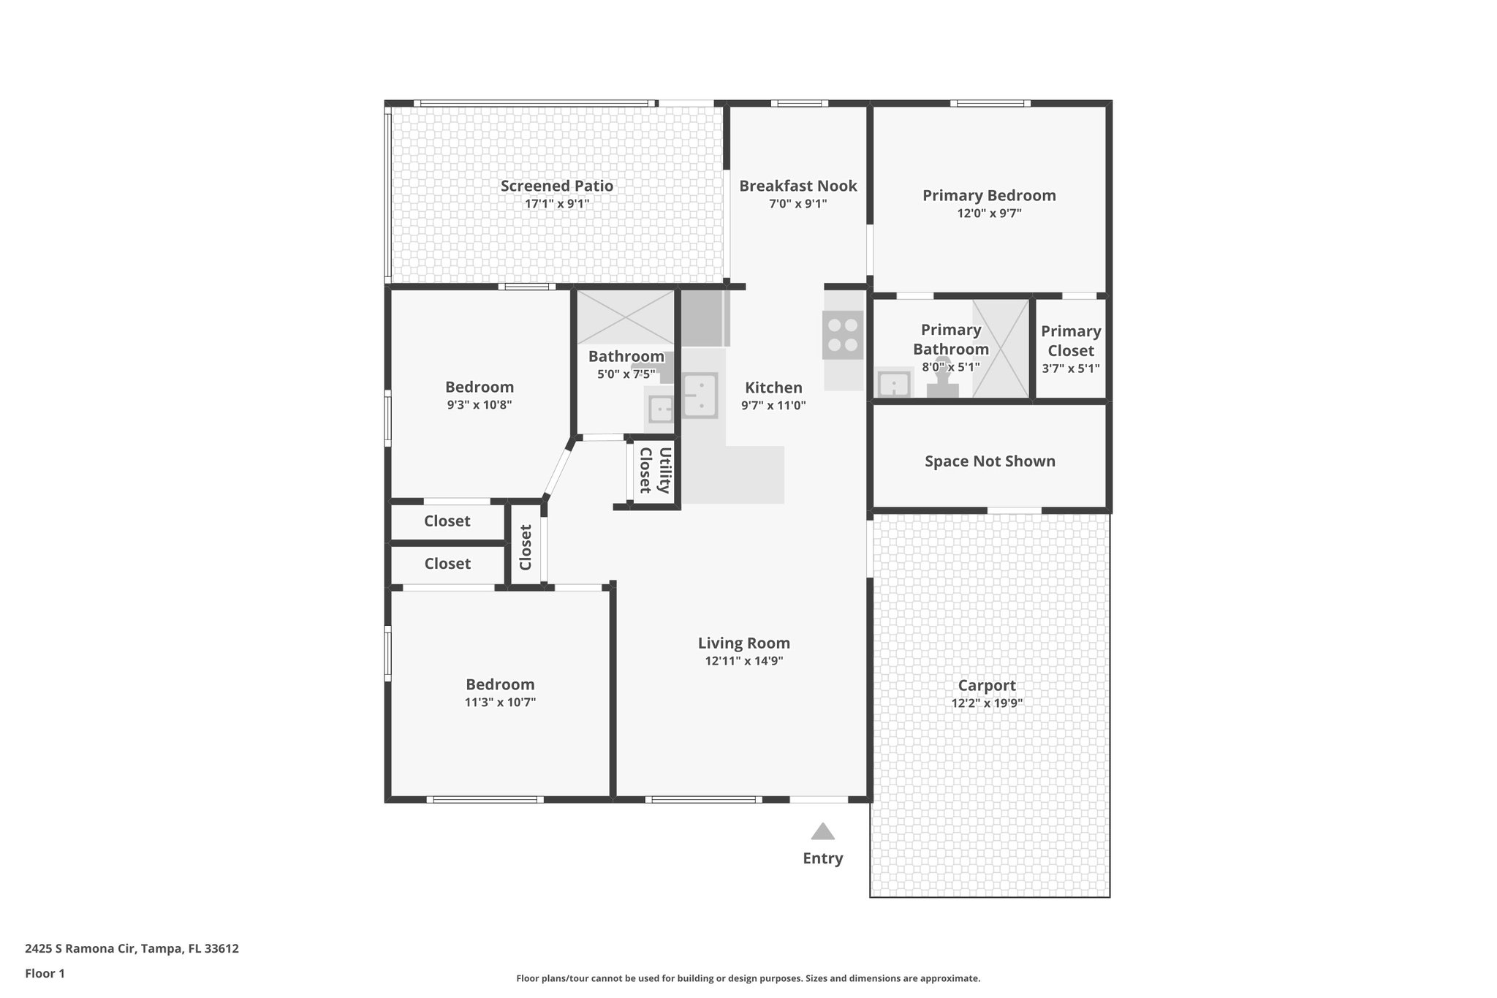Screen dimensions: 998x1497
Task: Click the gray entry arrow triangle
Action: (x=822, y=832)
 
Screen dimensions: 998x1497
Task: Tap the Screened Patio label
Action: (x=556, y=186)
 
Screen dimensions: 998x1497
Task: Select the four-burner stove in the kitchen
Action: (x=843, y=335)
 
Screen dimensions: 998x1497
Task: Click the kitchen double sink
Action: (x=700, y=395)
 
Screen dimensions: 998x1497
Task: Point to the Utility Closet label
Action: (x=655, y=471)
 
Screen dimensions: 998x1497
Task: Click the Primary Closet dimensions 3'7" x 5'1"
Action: (x=1070, y=368)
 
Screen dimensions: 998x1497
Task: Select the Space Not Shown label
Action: (x=989, y=461)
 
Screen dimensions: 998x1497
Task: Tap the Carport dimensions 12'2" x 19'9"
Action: (x=986, y=703)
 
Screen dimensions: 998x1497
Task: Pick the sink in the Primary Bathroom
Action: (x=893, y=383)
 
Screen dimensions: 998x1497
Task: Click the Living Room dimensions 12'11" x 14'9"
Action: (x=743, y=661)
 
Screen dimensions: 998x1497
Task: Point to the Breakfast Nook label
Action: (x=797, y=186)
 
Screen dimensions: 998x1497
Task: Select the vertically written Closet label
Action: (x=526, y=547)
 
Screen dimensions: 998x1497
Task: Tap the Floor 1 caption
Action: (x=45, y=973)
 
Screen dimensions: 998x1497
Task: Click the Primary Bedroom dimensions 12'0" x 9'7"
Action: (x=988, y=213)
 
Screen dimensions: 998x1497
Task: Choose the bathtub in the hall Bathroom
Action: (x=626, y=317)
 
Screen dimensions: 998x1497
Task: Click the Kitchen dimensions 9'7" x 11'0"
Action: (x=773, y=405)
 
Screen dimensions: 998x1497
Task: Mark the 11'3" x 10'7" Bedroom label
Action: (x=500, y=684)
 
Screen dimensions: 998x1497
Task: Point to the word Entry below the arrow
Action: (x=822, y=858)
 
